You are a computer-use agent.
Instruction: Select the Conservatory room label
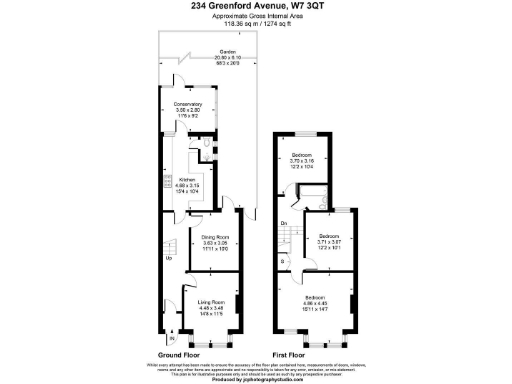(x=189, y=104)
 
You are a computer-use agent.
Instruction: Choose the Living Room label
(x=210, y=300)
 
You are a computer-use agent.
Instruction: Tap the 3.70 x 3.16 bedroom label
(x=302, y=155)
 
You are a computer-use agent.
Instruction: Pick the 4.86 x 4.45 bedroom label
(x=315, y=298)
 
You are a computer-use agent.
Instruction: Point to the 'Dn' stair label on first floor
(x=284, y=222)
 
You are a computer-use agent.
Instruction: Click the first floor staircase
(x=287, y=240)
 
